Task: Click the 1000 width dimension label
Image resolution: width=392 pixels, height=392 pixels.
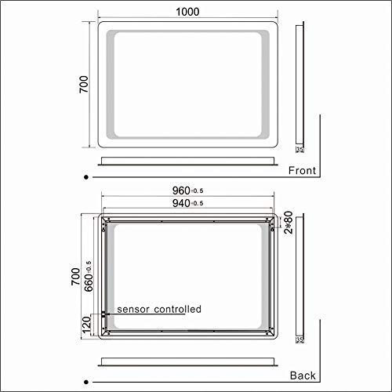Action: (186, 11)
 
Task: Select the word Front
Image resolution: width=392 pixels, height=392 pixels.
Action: (302, 170)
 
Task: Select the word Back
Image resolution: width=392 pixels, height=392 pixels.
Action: (303, 374)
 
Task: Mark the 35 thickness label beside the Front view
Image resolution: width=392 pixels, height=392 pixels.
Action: (299, 147)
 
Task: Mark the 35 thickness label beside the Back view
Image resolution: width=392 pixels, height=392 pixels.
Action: (299, 340)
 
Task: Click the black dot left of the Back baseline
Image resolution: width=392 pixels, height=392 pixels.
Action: (84, 374)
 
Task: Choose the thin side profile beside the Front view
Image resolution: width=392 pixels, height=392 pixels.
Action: (299, 86)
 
